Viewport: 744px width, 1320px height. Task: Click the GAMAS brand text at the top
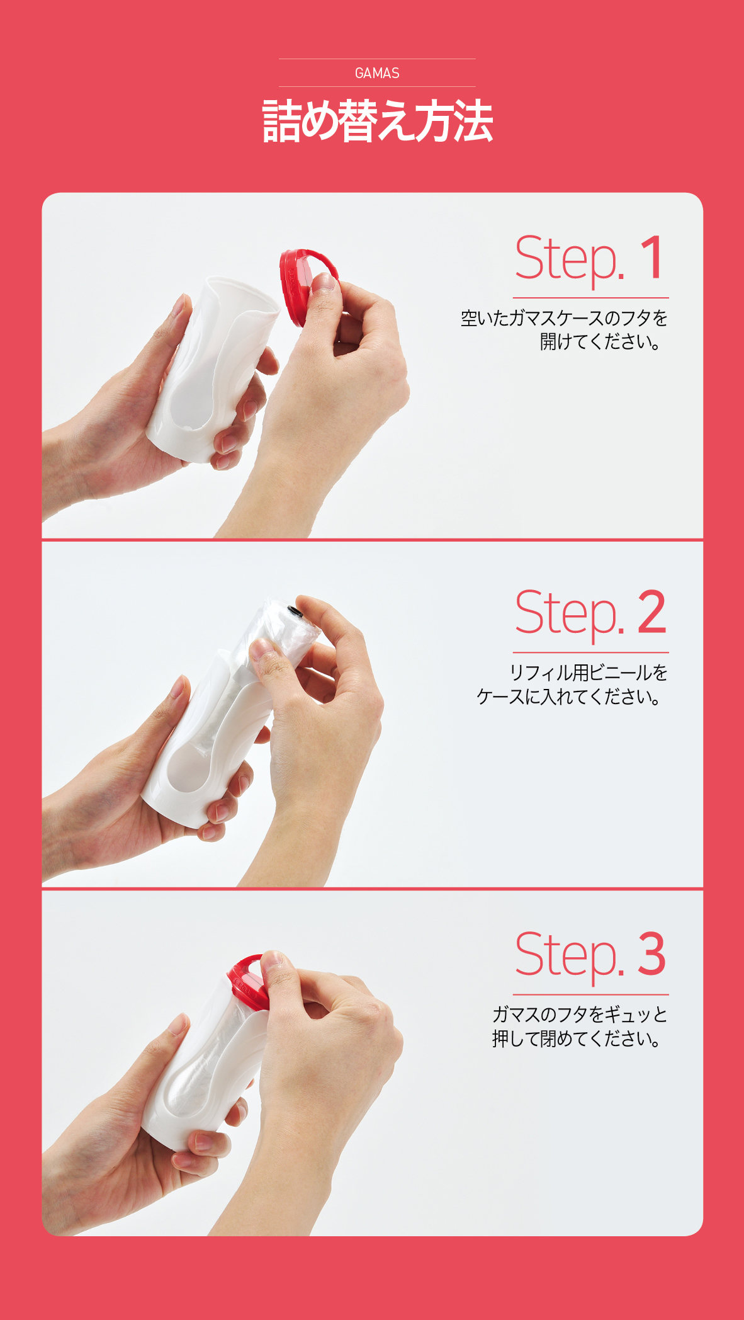coord(377,73)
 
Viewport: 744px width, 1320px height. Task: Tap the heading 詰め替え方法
coord(377,121)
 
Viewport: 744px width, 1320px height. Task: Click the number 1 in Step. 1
coord(653,258)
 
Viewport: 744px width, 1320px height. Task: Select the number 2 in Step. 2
coord(651,612)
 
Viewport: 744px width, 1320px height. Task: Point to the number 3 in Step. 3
coord(651,954)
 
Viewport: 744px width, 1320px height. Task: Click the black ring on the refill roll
coord(294,612)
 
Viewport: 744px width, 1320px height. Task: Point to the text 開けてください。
coord(600,342)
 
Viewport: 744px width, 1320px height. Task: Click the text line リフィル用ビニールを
coord(589,673)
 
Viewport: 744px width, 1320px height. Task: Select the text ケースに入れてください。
coord(569,697)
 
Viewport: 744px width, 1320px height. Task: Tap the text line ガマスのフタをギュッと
coord(580,1015)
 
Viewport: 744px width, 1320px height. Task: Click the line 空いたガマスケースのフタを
coord(564,318)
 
